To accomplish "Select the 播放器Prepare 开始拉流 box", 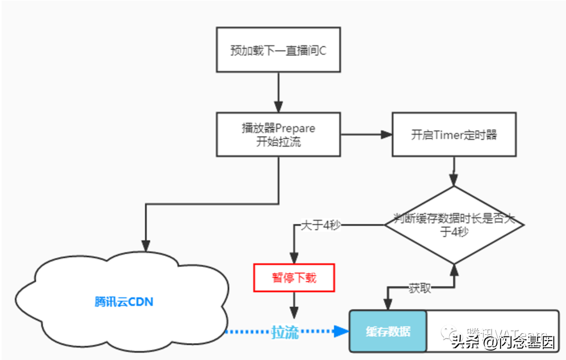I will (x=278, y=135).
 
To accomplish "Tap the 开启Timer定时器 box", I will (x=454, y=135).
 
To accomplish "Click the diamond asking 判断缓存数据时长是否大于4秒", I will (x=454, y=225).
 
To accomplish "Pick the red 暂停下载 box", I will (x=293, y=278).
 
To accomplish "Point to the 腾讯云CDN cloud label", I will (x=124, y=302).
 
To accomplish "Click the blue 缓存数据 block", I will (x=388, y=331).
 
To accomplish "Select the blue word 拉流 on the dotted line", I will (x=285, y=332).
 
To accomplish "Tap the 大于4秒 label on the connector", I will (x=321, y=225).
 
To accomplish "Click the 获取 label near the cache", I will (x=419, y=288).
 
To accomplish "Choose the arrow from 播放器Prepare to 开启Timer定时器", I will (x=366, y=135).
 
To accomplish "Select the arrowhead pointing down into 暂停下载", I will (x=293, y=258).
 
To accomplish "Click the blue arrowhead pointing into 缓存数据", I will (x=342, y=331).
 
